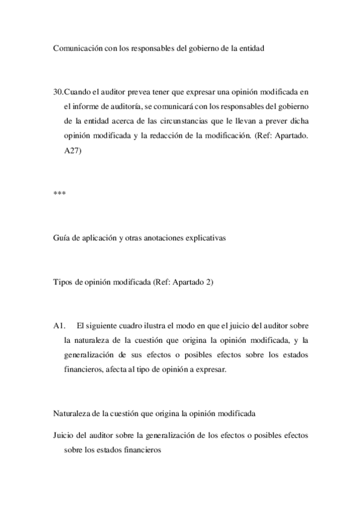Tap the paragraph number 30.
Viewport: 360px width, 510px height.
tap(58, 92)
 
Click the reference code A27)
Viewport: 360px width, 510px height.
tap(73, 152)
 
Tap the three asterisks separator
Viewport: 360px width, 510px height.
tap(58, 194)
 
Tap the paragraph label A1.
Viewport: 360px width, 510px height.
tap(59, 325)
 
